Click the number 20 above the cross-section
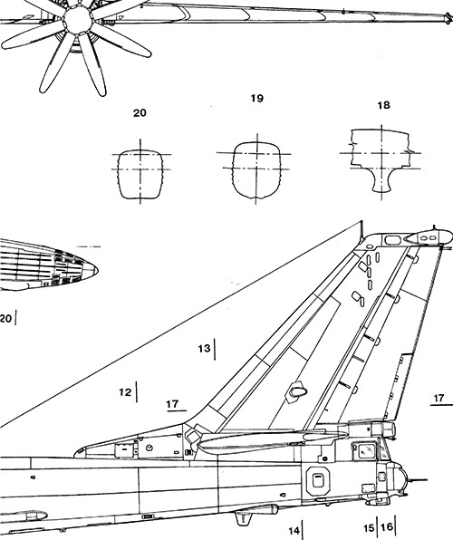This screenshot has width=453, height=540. (x=140, y=113)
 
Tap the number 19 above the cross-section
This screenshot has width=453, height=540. (x=256, y=99)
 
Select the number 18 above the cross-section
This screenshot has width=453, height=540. (x=383, y=105)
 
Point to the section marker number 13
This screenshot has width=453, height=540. (x=204, y=349)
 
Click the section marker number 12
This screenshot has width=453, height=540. (x=125, y=392)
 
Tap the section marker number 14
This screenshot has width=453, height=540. (x=294, y=531)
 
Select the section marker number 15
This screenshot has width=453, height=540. (x=369, y=527)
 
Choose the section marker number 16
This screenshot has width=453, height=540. (x=387, y=526)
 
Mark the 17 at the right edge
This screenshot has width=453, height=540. (x=439, y=398)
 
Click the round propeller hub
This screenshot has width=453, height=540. (x=79, y=20)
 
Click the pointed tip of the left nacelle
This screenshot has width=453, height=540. (x=98, y=270)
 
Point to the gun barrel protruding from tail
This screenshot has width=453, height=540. (x=417, y=480)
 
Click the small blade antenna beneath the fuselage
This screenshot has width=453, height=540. (x=243, y=518)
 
